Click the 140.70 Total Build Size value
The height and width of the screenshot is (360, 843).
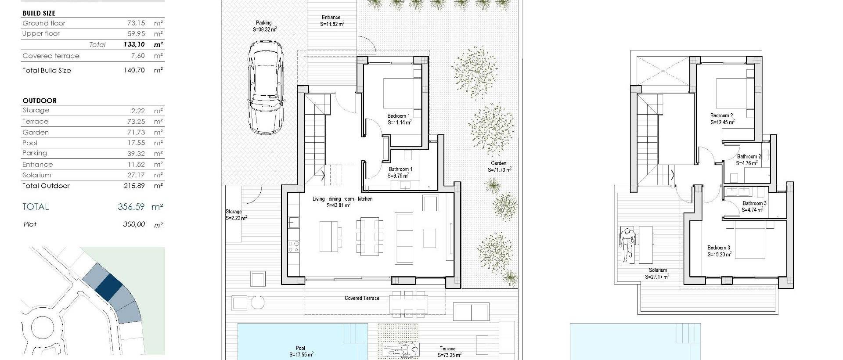pyautogui.click(x=134, y=70)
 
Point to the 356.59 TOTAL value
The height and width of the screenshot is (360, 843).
pyautogui.click(x=131, y=207)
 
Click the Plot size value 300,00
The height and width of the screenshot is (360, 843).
pyautogui.click(x=134, y=224)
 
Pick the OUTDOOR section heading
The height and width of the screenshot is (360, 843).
pyautogui.click(x=40, y=101)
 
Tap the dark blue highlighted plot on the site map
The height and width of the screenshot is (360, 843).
pyautogui.click(x=108, y=287)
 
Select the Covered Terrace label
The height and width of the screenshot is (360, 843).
pyautogui.click(x=362, y=298)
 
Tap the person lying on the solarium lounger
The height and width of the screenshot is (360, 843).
pyautogui.click(x=627, y=246)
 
